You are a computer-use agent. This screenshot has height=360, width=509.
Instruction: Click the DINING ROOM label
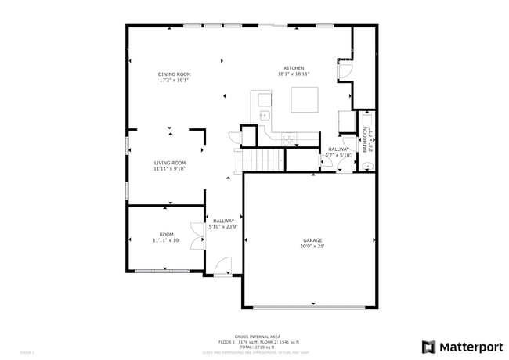coord(175,74)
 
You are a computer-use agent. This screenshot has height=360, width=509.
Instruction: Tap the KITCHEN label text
coord(294,68)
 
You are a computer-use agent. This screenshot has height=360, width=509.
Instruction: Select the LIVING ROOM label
coord(168,163)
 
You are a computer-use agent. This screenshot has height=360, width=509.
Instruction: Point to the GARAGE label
coord(312,240)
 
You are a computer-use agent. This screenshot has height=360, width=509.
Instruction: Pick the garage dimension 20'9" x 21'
coord(312,247)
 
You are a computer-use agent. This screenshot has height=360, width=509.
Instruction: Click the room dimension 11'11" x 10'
coord(166,240)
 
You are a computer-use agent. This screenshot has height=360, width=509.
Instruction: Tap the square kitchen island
coord(305,100)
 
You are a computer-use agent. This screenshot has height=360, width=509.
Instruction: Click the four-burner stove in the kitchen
coord(289,139)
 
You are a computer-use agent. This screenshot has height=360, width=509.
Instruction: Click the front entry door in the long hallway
coord(224,266)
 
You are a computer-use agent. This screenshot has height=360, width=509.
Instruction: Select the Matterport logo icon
coord(429,347)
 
